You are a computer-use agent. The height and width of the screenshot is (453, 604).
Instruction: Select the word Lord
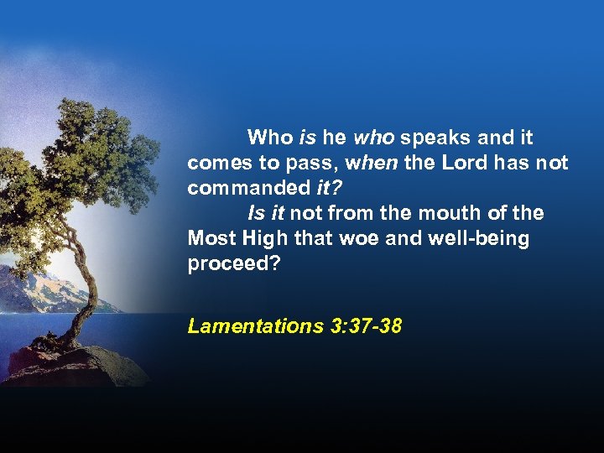pos(462,162)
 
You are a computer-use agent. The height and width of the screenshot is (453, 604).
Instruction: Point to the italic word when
pos(372,162)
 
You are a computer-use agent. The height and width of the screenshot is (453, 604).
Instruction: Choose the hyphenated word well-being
pos(481,238)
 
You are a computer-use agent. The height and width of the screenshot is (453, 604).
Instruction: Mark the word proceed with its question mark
pos(234,263)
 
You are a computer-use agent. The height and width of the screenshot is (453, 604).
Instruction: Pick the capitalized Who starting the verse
pos(270,138)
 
